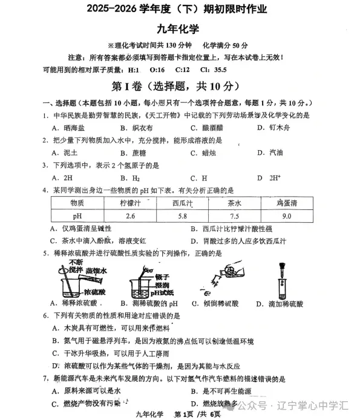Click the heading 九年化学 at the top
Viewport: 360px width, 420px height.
point(180,27)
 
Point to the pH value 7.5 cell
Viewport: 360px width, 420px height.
point(234,216)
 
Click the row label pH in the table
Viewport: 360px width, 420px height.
point(77,216)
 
